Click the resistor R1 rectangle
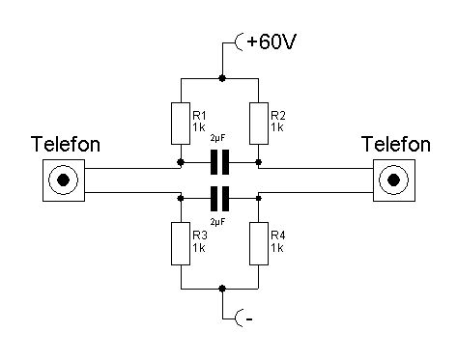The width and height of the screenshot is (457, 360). click(x=181, y=124)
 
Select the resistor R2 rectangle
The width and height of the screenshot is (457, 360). click(x=259, y=124)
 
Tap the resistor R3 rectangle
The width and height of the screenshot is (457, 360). click(x=181, y=243)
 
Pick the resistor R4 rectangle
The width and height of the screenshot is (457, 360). click(x=259, y=243)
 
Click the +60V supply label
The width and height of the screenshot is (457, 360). click(x=271, y=42)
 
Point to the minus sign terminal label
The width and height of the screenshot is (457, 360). click(x=249, y=319)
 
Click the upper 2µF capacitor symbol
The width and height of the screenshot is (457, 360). click(x=219, y=162)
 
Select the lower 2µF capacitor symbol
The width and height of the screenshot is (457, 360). click(x=219, y=199)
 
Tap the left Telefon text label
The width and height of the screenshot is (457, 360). click(x=66, y=144)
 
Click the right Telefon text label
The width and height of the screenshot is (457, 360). click(x=396, y=144)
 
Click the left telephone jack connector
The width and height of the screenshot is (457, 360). click(x=64, y=180)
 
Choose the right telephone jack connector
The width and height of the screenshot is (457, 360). click(x=394, y=180)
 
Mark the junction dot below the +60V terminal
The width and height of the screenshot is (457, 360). click(x=221, y=78)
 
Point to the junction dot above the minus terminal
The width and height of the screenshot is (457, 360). click(x=221, y=289)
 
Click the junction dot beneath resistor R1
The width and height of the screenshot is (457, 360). click(x=181, y=162)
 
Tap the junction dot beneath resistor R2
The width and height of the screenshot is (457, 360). click(x=258, y=162)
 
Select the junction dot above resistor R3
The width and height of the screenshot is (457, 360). click(x=181, y=198)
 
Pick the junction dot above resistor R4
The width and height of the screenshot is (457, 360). click(x=258, y=198)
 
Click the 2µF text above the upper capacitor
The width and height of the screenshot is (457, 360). click(x=217, y=139)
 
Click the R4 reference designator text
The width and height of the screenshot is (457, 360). click(x=278, y=235)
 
